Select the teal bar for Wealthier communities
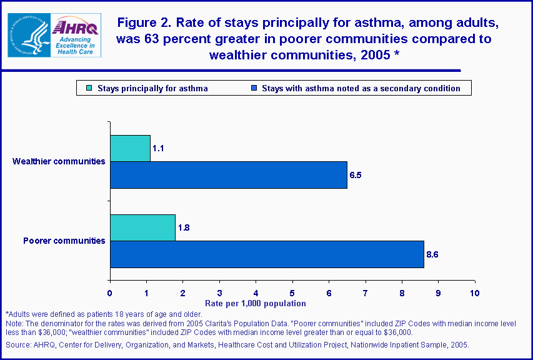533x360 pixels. tap(130, 148)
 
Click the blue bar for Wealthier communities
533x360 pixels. tap(228, 175)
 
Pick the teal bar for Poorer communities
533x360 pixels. tap(142, 227)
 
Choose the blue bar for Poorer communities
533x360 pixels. tap(267, 254)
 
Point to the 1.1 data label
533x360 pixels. tap(158, 148)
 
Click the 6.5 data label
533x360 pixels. tap(356, 175)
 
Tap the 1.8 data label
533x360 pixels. tap(184, 227)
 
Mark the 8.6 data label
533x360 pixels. tap(432, 254)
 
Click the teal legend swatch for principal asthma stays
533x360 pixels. tap(89, 88)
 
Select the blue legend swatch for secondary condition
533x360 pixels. tap(254, 88)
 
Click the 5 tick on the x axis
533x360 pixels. tap(292, 292)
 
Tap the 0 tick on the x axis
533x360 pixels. tap(110, 292)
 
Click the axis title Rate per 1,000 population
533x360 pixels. tap(257, 303)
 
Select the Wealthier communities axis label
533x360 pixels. tap(59, 161)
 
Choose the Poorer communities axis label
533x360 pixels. tap(64, 241)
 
